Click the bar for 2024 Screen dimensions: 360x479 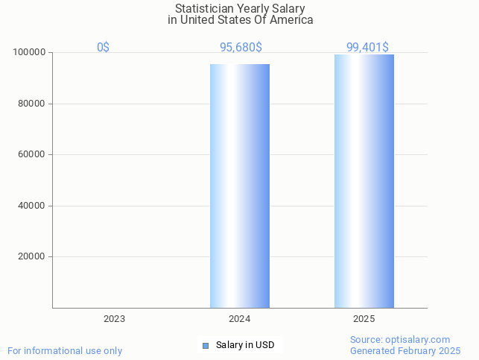point(240,186)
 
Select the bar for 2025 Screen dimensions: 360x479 point(364,181)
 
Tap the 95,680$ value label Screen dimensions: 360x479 point(240,47)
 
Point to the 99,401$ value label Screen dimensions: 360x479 point(367,47)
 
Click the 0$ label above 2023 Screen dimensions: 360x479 point(103,47)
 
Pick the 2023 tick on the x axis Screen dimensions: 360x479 point(114,318)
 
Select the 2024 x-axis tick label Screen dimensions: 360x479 point(239,318)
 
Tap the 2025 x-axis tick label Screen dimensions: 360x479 point(364,318)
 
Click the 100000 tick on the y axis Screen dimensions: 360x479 point(30,53)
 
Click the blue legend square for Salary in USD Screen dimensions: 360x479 point(206,345)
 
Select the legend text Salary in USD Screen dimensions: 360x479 point(245,345)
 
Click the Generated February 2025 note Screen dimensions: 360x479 point(405,350)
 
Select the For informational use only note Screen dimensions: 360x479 point(65,350)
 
